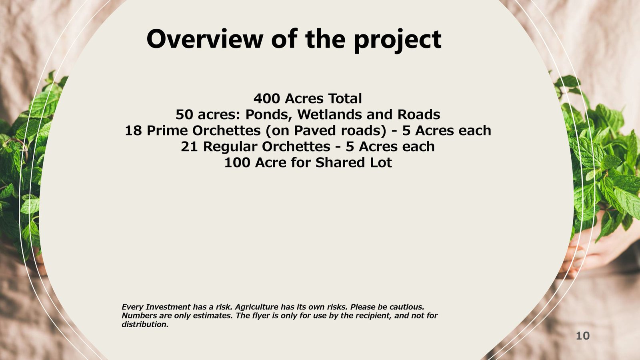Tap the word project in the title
(398, 40)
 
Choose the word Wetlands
(330, 114)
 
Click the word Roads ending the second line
(418, 114)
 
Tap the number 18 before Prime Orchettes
(134, 130)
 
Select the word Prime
(167, 130)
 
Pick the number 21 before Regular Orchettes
(190, 146)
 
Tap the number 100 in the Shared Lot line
(237, 162)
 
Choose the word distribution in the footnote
(145, 324)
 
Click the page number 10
(582, 336)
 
